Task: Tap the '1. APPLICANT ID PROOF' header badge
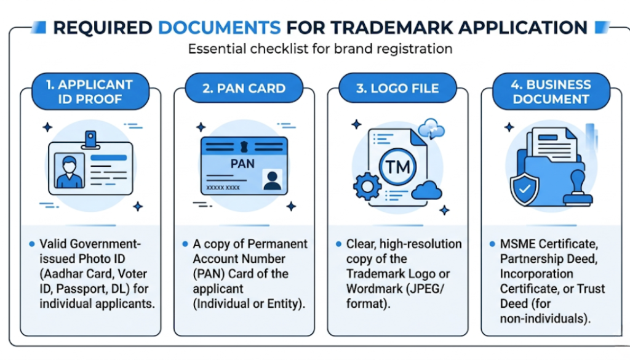click(90, 92)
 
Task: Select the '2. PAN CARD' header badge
click(244, 89)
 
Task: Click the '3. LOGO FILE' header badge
click(397, 89)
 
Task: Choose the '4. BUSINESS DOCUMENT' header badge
click(551, 92)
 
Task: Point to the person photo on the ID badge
click(69, 170)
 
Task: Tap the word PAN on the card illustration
click(242, 164)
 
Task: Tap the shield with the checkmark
click(525, 190)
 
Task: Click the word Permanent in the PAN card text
click(277, 244)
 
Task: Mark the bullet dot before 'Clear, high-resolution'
click(339, 244)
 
